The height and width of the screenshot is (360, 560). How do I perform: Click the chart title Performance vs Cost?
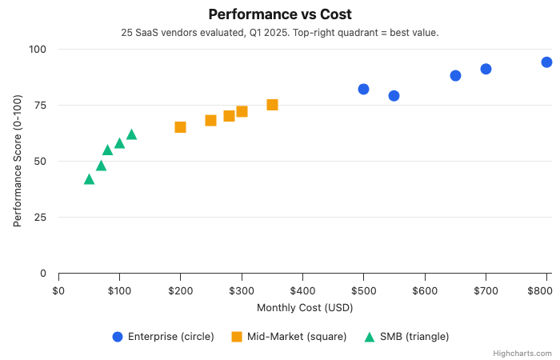pyautogui.click(x=280, y=14)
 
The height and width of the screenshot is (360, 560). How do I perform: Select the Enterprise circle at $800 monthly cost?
pyautogui.click(x=546, y=62)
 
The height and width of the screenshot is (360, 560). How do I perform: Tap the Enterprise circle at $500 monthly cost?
pyautogui.click(x=363, y=89)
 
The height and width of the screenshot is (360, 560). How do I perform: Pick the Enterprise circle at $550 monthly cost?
pyautogui.click(x=394, y=96)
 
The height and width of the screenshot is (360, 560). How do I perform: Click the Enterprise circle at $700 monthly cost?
pyautogui.click(x=486, y=69)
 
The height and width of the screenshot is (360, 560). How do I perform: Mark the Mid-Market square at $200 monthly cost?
pyautogui.click(x=180, y=127)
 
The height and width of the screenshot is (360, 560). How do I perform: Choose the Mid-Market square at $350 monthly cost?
pyautogui.click(x=272, y=105)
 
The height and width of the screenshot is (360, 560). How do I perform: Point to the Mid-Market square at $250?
pyautogui.click(x=210, y=121)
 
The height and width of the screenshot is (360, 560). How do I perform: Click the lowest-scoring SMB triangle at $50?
pyautogui.click(x=89, y=179)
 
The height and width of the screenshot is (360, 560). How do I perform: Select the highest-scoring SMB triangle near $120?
pyautogui.click(x=131, y=134)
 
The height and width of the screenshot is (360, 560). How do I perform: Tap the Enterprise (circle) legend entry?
pyautogui.click(x=163, y=337)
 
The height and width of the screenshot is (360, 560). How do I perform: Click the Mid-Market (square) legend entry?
pyautogui.click(x=288, y=337)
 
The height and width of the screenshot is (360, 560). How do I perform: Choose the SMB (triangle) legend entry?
pyautogui.click(x=406, y=337)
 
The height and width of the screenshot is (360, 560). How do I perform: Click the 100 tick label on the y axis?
pyautogui.click(x=36, y=50)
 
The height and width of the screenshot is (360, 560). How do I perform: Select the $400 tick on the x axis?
pyautogui.click(x=302, y=290)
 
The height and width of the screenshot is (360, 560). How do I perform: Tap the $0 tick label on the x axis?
pyautogui.click(x=58, y=290)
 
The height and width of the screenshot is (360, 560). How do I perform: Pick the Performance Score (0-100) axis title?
pyautogui.click(x=18, y=161)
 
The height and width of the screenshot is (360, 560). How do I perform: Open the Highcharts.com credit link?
pyautogui.click(x=528, y=353)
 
